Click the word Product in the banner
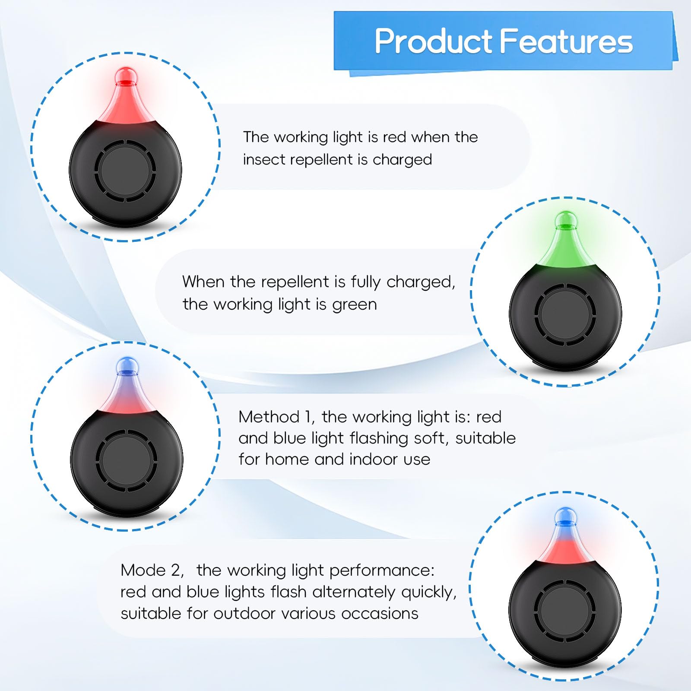[x=433, y=41]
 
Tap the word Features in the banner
[x=566, y=41]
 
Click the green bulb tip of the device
[x=566, y=220]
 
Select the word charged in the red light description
[x=402, y=160]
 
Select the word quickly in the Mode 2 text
[x=428, y=592]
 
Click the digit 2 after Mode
[x=176, y=570]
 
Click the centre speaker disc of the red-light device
[x=125, y=171]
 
